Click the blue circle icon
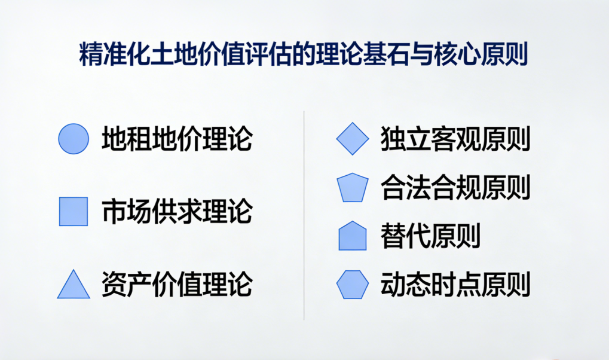point(74,139)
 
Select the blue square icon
point(74,211)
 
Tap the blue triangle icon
point(74,285)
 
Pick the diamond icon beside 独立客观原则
point(353,139)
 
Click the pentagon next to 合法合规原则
point(353,188)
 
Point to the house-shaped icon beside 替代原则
point(353,236)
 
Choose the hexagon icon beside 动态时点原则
point(353,285)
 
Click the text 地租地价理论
point(176,139)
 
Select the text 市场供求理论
point(176,211)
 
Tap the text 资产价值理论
point(176,283)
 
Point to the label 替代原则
point(430,236)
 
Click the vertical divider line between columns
point(304,215)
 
